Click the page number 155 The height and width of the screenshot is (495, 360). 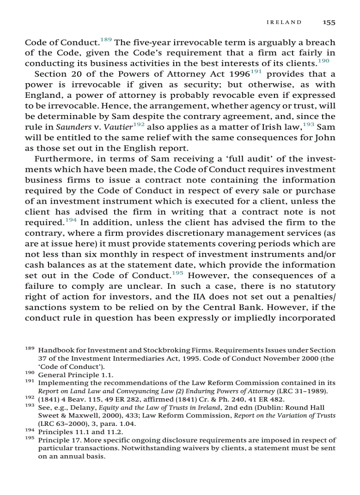pyautogui.click(x=329, y=22)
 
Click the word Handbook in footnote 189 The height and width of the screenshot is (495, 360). pyautogui.click(x=53, y=350)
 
